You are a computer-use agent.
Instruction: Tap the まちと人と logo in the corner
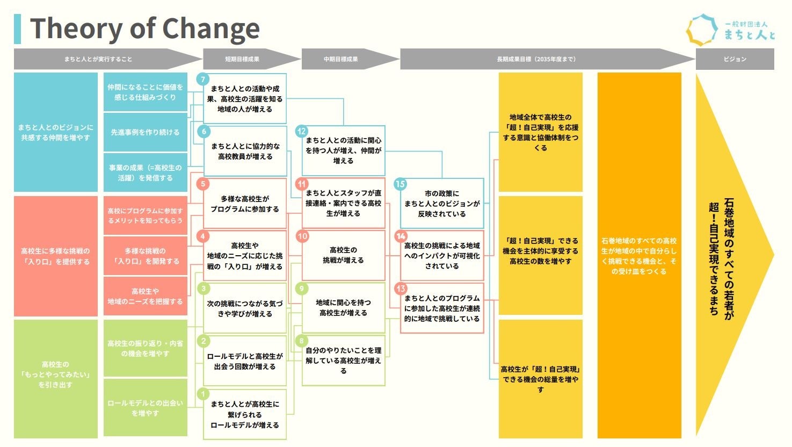click(x=731, y=30)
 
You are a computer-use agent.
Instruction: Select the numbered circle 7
click(x=203, y=80)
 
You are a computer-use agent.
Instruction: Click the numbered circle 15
click(x=400, y=184)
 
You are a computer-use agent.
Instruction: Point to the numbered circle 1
click(x=203, y=394)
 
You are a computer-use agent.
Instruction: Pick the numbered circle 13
click(x=400, y=289)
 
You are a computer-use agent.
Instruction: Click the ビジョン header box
click(x=735, y=59)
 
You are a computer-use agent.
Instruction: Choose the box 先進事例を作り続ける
click(x=145, y=132)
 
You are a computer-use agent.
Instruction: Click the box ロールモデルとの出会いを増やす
click(x=145, y=408)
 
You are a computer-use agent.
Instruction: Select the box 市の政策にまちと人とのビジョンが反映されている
click(x=442, y=204)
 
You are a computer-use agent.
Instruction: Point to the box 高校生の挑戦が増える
click(x=344, y=255)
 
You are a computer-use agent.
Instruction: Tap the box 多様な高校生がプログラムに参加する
click(x=244, y=204)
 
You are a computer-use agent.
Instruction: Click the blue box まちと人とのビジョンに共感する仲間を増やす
click(x=55, y=133)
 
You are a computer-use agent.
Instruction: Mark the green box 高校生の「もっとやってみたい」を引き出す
click(x=55, y=374)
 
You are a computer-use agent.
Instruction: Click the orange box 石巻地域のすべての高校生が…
click(x=639, y=256)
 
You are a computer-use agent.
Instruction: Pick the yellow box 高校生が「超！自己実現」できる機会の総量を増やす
click(x=540, y=379)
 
